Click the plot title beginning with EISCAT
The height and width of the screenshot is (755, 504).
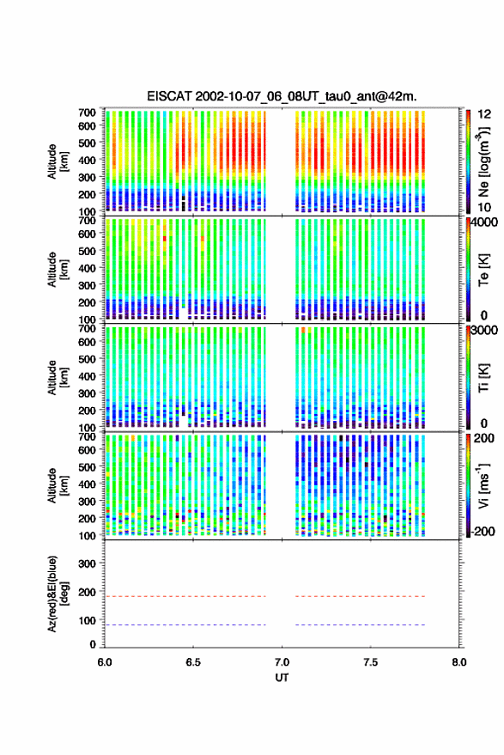click(x=282, y=96)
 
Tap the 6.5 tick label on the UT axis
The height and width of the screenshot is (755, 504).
click(x=193, y=662)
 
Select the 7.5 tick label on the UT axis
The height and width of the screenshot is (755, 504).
click(x=370, y=662)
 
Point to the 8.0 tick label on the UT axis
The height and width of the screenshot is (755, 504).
click(x=459, y=662)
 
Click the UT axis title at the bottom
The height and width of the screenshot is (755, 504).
click(x=282, y=678)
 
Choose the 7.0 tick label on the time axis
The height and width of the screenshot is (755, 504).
click(x=282, y=662)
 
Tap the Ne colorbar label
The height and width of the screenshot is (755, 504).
click(x=483, y=161)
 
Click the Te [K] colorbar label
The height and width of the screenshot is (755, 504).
click(x=483, y=270)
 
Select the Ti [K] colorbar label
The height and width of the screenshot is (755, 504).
click(x=483, y=378)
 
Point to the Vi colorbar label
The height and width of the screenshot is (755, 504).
click(x=483, y=485)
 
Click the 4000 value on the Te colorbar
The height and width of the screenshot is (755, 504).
click(x=485, y=223)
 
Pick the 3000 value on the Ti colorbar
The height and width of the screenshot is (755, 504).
click(x=485, y=331)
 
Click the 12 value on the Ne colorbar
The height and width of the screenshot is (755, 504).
click(x=485, y=114)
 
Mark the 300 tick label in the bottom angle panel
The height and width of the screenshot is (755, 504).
click(x=87, y=563)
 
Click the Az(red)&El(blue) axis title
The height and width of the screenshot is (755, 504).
click(x=58, y=594)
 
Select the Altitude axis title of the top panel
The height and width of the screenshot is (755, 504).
click(x=58, y=161)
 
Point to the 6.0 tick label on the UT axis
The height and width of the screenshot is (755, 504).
click(x=105, y=662)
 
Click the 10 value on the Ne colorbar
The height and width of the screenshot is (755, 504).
click(x=485, y=208)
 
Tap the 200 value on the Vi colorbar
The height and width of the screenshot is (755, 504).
click(x=484, y=438)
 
